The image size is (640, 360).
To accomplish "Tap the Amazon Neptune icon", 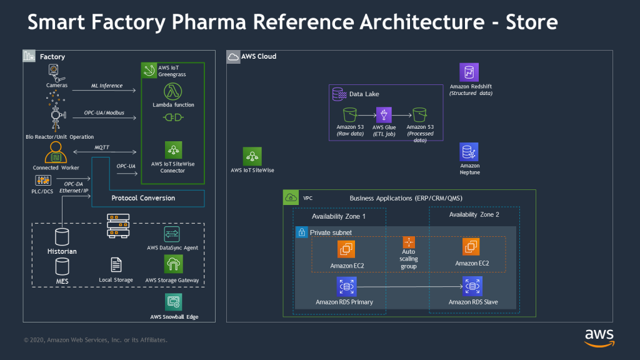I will click(469, 152).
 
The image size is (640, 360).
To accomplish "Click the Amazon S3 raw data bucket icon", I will click(349, 114).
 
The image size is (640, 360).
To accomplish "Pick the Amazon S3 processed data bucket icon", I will click(419, 114).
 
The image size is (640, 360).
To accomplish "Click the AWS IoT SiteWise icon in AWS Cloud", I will click(252, 156).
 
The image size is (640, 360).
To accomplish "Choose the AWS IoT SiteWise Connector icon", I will click(173, 150).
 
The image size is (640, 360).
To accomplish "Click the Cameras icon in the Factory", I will click(56, 71).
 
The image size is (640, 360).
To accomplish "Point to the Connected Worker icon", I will click(56, 152).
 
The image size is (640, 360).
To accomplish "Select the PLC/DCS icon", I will click(43, 180).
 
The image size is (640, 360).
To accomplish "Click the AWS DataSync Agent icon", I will click(172, 234).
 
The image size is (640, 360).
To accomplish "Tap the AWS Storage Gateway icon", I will click(172, 264).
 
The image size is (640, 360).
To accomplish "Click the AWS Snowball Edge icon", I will click(173, 302).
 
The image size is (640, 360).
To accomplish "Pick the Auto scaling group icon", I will click(409, 242).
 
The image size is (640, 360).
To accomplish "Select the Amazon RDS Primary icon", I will click(344, 287).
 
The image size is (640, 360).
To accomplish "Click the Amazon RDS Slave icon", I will click(471, 287).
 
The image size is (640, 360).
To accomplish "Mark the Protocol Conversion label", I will click(143, 198).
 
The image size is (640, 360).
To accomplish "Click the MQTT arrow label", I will click(102, 147).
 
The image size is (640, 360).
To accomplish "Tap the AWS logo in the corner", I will click(598, 336).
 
